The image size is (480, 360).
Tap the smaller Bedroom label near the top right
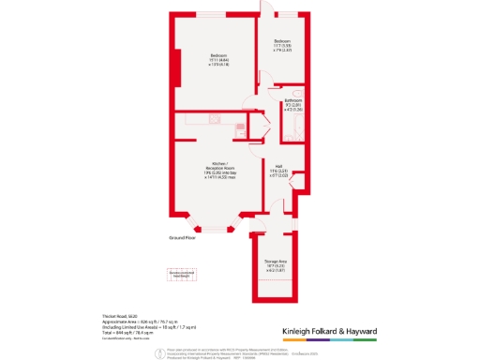[282, 45]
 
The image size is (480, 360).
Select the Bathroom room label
[293, 105]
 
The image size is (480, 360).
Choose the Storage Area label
[276, 266]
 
